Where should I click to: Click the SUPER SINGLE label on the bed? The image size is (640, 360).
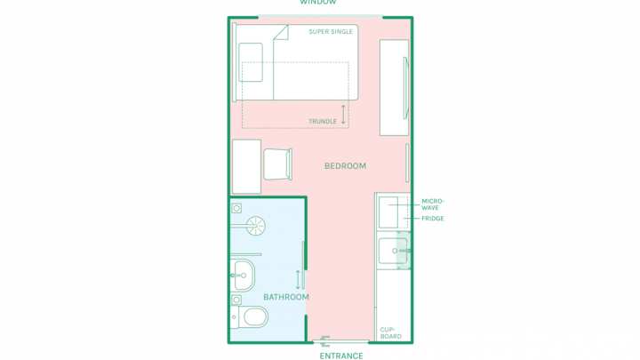click(330, 31)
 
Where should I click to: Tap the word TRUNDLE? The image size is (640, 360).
click(323, 121)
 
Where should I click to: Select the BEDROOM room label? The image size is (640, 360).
click(345, 165)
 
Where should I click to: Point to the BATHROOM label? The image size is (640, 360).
click(286, 297)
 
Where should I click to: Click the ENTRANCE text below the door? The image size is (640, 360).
click(341, 356)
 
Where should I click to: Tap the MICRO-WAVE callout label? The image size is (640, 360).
click(433, 204)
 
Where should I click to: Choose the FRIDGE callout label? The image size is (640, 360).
click(433, 219)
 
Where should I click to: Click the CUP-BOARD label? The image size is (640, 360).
click(390, 333)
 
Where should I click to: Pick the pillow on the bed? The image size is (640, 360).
click(251, 62)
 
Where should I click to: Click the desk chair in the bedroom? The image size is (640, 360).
click(278, 164)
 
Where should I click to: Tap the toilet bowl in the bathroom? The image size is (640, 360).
click(254, 316)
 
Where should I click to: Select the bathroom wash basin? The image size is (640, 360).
click(244, 275)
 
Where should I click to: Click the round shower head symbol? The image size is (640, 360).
click(255, 226)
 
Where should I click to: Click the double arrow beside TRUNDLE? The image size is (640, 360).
click(343, 115)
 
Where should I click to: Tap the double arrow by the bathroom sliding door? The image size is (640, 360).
click(298, 280)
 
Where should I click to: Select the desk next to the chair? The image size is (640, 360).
click(246, 166)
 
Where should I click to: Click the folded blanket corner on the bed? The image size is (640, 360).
click(281, 33)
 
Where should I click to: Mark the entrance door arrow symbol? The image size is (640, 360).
click(325, 341)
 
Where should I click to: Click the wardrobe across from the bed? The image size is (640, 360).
click(395, 87)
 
